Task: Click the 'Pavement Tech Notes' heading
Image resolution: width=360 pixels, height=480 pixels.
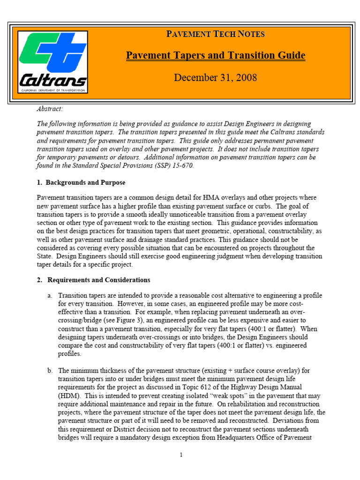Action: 215,34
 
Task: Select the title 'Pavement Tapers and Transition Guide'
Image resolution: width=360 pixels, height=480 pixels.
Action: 215,56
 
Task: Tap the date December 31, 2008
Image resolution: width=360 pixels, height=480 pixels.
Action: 215,77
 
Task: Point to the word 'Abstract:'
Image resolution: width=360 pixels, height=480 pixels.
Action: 50,109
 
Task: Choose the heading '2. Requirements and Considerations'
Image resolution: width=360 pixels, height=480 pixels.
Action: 94,280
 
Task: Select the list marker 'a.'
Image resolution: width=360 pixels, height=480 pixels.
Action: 50,295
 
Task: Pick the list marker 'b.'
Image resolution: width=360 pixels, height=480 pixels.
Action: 50,370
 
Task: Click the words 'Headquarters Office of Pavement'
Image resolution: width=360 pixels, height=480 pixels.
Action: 274,438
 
